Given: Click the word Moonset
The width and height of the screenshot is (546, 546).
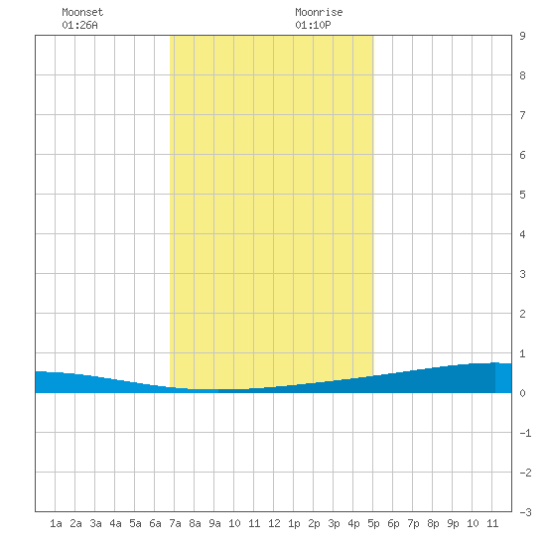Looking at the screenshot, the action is [82, 12].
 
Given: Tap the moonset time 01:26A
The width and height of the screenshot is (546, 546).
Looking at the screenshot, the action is [79, 25].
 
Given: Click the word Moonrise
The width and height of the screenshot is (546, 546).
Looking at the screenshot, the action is [319, 12].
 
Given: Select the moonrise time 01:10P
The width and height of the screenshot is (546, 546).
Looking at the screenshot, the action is [313, 25].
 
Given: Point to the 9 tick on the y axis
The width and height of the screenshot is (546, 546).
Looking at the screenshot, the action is [522, 36].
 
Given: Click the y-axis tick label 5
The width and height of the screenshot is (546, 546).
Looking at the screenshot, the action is [522, 195].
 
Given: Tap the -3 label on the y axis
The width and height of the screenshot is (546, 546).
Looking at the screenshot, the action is [525, 512].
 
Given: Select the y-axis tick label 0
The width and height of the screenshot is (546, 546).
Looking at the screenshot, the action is [522, 393].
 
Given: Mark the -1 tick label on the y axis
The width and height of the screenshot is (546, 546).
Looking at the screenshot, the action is [525, 433].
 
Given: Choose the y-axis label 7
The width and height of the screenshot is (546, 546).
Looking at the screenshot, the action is [522, 115].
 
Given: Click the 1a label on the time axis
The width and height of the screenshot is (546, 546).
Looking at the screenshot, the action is [56, 523].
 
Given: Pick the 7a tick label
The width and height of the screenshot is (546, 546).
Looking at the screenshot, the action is [175, 523].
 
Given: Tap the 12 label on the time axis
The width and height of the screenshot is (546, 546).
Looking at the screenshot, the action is [274, 523].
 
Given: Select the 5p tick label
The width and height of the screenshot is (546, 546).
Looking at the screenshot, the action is [373, 523].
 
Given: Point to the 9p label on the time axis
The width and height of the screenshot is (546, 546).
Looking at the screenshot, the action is [453, 523].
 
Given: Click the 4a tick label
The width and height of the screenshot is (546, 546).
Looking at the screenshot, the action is [115, 523].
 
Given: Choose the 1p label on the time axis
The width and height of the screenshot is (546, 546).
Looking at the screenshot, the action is [294, 523].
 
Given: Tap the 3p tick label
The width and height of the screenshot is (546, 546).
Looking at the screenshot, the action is [334, 523].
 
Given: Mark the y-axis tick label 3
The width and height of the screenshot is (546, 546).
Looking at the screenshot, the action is [522, 274].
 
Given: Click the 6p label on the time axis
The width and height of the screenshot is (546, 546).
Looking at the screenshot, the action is [393, 523].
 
